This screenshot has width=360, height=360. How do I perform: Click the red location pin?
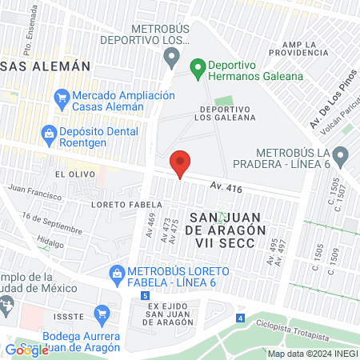[x=181, y=164]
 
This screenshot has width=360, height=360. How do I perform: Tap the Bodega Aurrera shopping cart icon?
[x=102, y=313]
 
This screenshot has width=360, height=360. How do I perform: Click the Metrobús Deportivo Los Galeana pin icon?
[x=170, y=57]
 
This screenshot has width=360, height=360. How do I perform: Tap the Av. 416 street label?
[x=226, y=186]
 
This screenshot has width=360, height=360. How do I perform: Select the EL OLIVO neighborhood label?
[x=70, y=173]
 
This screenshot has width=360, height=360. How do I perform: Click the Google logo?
[x=26, y=350]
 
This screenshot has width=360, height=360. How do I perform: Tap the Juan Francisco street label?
[x=34, y=192]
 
